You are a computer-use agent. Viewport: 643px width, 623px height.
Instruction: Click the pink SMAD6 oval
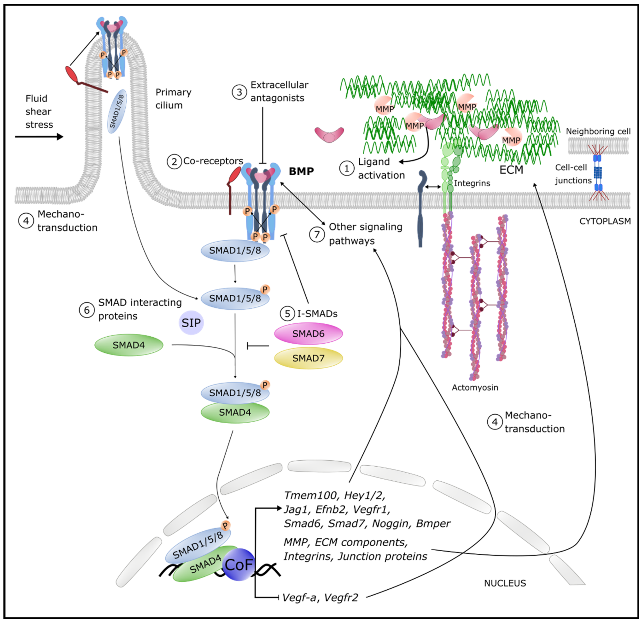(x=308, y=334)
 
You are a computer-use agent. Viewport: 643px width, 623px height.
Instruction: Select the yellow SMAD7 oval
(x=308, y=358)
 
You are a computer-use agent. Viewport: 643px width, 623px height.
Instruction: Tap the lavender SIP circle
(x=191, y=323)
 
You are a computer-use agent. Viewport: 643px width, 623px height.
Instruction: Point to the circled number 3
(x=240, y=92)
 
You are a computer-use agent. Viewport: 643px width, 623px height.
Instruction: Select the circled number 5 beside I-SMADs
(x=287, y=314)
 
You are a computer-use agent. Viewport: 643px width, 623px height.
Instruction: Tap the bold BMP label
(x=301, y=171)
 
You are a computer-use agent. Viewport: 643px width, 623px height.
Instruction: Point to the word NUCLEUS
(x=505, y=583)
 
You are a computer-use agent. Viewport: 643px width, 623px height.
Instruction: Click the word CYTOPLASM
(x=605, y=221)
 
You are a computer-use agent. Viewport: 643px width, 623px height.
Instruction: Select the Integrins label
(x=472, y=183)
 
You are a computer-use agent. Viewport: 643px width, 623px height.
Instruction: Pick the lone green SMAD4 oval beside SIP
(x=129, y=345)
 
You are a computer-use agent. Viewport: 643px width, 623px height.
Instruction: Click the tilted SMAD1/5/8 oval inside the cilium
(x=117, y=111)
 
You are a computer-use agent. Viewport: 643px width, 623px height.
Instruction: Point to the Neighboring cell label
(x=598, y=131)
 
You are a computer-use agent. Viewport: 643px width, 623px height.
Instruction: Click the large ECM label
(x=511, y=170)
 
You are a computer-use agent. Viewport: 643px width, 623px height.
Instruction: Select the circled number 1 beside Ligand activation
(x=346, y=168)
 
